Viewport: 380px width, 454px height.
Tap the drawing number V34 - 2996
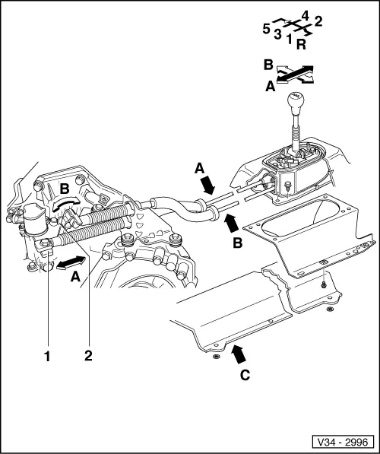342,442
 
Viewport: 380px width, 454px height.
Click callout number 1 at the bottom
47,356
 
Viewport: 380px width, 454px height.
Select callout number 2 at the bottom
88,355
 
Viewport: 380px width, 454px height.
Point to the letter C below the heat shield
245,376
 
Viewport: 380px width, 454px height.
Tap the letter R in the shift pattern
301,45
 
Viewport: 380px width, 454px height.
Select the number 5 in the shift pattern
266,29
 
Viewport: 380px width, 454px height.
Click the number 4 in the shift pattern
305,16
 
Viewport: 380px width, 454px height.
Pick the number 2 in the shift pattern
318,22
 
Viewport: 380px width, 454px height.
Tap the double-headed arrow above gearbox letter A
71,262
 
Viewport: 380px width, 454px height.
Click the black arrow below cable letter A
207,185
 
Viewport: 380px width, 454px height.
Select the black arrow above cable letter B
232,224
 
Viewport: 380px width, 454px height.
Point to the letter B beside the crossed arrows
268,65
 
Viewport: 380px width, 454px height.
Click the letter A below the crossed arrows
271,86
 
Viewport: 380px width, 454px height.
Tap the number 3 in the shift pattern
277,34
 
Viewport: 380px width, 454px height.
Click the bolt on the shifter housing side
288,186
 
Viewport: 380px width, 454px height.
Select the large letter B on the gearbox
65,189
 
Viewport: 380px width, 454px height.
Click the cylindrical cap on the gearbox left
34,218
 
